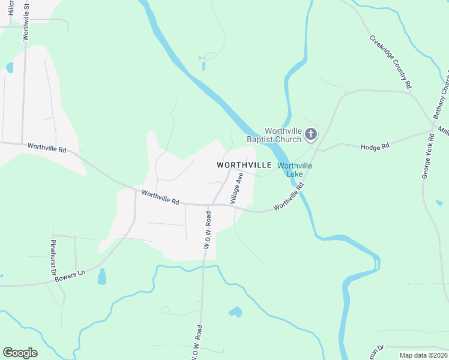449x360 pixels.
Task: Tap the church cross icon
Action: tap(310, 134)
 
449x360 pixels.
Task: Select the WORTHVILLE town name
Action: tap(244, 164)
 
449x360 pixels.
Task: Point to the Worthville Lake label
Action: tap(295, 170)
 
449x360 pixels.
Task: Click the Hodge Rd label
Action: tap(375, 146)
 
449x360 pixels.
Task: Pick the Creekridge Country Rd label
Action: tap(390, 62)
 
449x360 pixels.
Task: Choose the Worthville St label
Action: tap(26, 20)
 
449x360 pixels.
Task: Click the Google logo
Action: tap(20, 353)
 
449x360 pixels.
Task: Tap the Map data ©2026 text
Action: tap(423, 355)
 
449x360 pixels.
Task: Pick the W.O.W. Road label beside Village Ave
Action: tap(207, 230)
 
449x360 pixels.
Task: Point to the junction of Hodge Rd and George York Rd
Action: tap(432, 131)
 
